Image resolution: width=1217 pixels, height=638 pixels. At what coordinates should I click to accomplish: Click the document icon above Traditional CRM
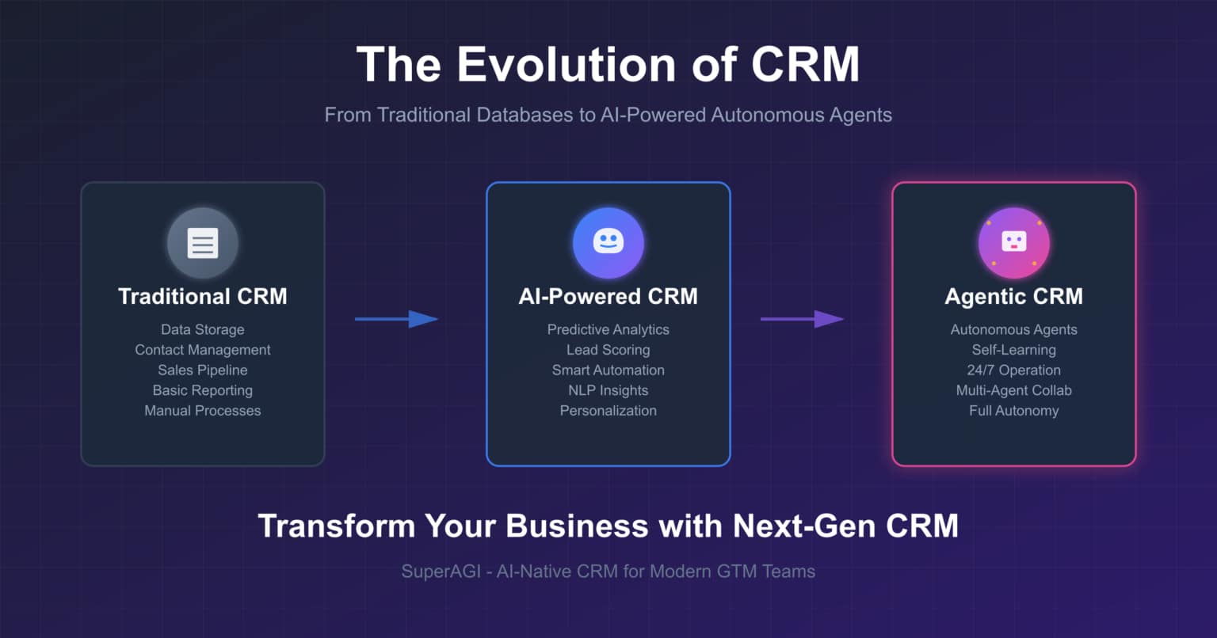point(203,243)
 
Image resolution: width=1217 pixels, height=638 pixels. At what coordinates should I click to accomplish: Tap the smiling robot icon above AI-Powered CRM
point(608,243)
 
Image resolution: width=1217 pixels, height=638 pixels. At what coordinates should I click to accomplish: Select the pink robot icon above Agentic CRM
point(1014,243)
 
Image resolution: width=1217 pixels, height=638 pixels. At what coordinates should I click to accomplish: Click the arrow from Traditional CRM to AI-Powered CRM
point(396,319)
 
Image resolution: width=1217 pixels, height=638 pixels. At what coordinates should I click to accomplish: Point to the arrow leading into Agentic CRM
point(802,319)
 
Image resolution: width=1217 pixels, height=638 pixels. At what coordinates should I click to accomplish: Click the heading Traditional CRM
point(203,296)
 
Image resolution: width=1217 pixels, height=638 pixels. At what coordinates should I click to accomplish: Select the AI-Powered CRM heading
point(608,296)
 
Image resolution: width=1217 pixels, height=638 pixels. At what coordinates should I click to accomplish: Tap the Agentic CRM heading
point(1014,296)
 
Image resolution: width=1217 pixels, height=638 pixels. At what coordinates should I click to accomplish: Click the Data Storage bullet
point(203,329)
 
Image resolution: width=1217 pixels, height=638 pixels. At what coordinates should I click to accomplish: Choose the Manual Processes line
point(203,411)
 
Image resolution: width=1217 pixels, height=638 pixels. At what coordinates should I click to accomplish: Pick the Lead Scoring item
point(608,350)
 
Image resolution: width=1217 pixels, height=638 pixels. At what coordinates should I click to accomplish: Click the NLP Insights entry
point(608,390)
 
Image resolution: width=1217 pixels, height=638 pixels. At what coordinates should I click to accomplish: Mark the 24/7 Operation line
point(1014,370)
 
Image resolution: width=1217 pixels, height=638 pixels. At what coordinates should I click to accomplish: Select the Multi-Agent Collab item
point(1014,390)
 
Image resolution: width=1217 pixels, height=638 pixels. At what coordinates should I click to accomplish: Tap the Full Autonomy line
point(1014,411)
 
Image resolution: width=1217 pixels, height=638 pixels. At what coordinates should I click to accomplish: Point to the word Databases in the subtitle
point(525,115)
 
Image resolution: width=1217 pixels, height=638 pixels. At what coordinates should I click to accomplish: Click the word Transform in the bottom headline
point(337,526)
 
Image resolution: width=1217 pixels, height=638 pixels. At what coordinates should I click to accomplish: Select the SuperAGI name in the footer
point(441,572)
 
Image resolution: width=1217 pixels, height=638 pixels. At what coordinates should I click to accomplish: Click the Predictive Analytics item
point(608,329)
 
